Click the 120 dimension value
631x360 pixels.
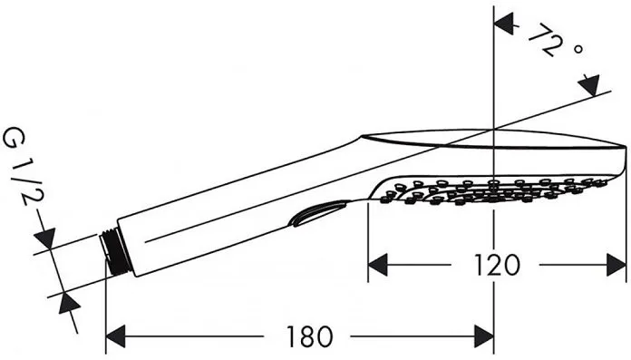point(497,265)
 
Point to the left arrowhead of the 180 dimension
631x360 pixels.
point(116,338)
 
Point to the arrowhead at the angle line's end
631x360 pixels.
point(591,85)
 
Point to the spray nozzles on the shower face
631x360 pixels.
point(490,190)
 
